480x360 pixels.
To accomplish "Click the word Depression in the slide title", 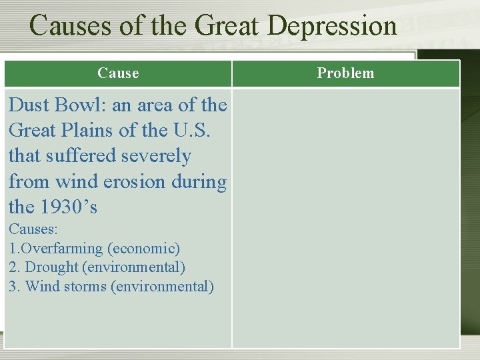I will [x=332, y=27].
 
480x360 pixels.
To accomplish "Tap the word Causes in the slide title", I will [x=64, y=27].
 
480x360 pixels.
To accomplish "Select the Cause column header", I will [x=118, y=73].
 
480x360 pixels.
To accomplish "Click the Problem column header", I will [x=345, y=73].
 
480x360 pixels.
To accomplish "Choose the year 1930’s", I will [x=69, y=207].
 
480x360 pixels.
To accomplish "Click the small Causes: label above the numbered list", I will [x=33, y=229].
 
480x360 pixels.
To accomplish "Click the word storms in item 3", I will [x=87, y=287].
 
